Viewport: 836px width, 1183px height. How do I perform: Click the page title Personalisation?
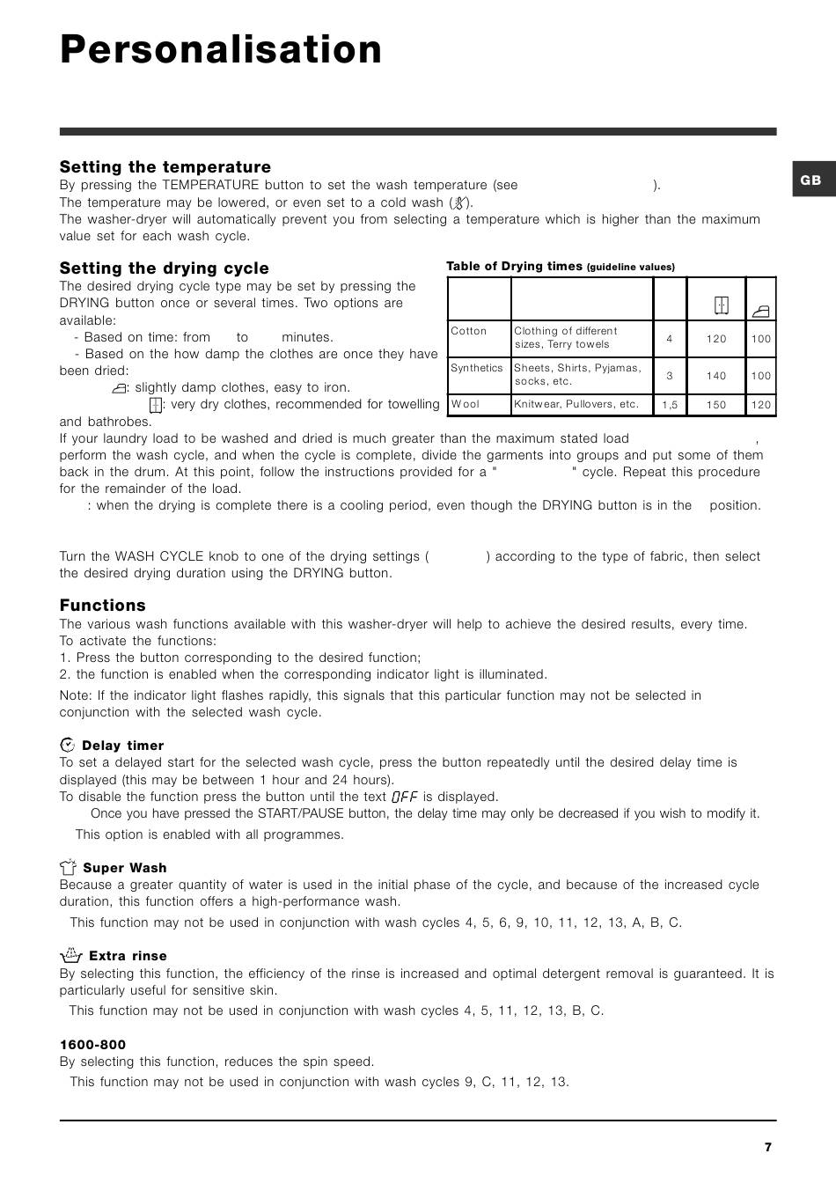pyautogui.click(x=221, y=50)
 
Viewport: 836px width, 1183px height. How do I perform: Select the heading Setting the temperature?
pyautogui.click(x=165, y=167)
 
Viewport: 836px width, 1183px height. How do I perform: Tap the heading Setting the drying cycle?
pyautogui.click(x=165, y=268)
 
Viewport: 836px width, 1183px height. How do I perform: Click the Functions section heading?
pyautogui.click(x=103, y=606)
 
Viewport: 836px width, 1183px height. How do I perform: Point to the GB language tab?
pyautogui.click(x=810, y=180)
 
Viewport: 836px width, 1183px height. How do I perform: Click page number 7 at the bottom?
pyautogui.click(x=768, y=1147)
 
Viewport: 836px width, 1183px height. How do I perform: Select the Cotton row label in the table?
pyautogui.click(x=469, y=331)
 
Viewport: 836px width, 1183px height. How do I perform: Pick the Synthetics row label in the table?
pyautogui.click(x=477, y=368)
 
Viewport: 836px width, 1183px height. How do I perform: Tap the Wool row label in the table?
pyautogui.click(x=466, y=404)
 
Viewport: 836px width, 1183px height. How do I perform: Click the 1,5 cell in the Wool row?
pyautogui.click(x=670, y=405)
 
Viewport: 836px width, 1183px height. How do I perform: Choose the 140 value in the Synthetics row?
pyautogui.click(x=716, y=376)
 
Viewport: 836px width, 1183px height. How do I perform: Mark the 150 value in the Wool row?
pyautogui.click(x=716, y=405)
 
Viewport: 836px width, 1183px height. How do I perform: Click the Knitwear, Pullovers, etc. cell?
pyautogui.click(x=576, y=404)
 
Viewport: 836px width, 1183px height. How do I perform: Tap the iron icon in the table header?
pyautogui.click(x=761, y=311)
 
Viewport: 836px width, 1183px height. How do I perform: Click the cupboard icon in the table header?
pyautogui.click(x=722, y=305)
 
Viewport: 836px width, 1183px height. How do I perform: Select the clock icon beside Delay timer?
pyautogui.click(x=68, y=745)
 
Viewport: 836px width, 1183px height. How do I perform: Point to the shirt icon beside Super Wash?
pyautogui.click(x=69, y=867)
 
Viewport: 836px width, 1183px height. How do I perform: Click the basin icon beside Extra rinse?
pyautogui.click(x=71, y=955)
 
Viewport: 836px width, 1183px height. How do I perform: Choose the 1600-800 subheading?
pyautogui.click(x=92, y=1045)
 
